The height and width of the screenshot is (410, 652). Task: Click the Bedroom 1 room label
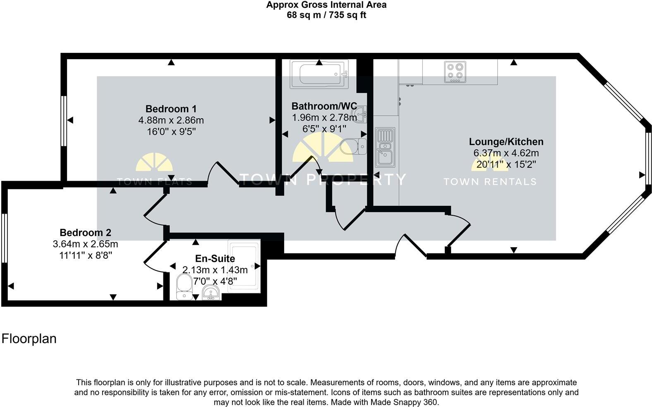[x=171, y=109]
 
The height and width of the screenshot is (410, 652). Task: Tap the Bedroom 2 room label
[x=85, y=233]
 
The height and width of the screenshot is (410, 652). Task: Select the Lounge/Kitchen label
[x=506, y=142]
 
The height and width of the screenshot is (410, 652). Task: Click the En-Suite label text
[x=215, y=259]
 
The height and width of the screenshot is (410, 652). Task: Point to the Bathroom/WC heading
[x=324, y=106]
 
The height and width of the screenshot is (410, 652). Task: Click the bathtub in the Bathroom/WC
[x=319, y=74]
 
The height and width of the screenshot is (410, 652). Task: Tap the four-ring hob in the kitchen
[x=455, y=72]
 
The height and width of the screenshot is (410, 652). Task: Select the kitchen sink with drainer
[x=385, y=147]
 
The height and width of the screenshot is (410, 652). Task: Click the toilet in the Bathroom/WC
[x=353, y=147]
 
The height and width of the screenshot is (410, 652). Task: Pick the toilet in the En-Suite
[x=183, y=286]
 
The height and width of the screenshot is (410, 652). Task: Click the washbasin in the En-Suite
[x=211, y=293]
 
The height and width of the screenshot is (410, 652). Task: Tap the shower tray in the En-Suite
[x=244, y=267]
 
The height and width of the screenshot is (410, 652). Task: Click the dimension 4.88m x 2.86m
[x=171, y=121]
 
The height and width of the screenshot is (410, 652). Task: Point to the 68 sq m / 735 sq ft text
[x=326, y=15]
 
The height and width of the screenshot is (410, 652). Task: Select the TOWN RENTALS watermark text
[x=490, y=181]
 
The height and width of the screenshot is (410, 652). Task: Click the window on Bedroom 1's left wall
[x=64, y=121]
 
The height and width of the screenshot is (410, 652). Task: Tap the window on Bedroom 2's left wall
[x=4, y=238]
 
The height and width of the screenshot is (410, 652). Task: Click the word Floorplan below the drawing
[x=29, y=339]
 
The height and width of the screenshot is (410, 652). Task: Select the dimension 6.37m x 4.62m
[x=506, y=153]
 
